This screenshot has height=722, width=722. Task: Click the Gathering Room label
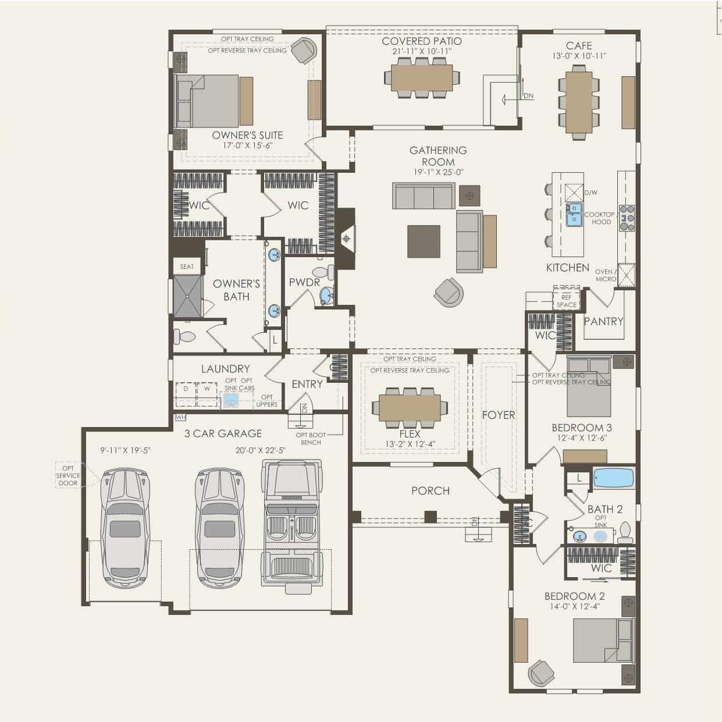pos(438,157)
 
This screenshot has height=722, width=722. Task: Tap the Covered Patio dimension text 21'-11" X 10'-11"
pos(422,51)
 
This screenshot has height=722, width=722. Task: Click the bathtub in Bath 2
pos(613,478)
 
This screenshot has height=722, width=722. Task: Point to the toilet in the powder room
pos(323,272)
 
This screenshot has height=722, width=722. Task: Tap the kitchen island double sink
pos(574,214)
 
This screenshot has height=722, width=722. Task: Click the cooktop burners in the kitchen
pos(627,218)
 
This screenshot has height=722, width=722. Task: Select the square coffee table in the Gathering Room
pos(424,241)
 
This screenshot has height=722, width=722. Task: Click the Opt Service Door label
pos(68,475)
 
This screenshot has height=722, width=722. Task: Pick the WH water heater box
pos(180,417)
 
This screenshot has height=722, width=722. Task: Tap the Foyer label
pos(499,415)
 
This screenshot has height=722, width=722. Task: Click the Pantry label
pos(603,321)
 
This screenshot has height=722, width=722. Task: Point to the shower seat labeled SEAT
pos(187,266)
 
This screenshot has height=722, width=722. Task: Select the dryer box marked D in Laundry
pos(186,394)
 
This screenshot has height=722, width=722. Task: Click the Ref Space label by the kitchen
pos(567,301)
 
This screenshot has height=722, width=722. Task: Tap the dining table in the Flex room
pos(410,408)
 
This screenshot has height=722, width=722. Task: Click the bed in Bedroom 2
pos(603,641)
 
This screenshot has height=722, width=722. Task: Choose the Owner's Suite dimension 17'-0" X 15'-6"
pos(247,145)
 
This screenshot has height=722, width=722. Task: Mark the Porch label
pos(430,491)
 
